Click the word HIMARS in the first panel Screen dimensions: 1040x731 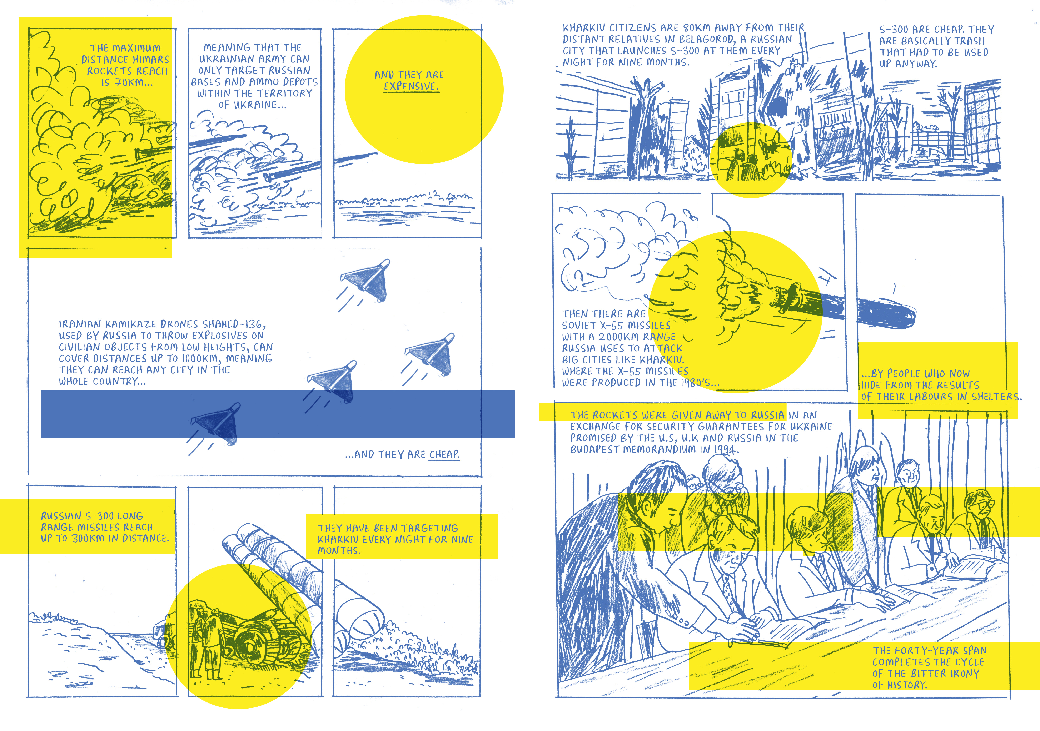(x=151, y=59)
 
